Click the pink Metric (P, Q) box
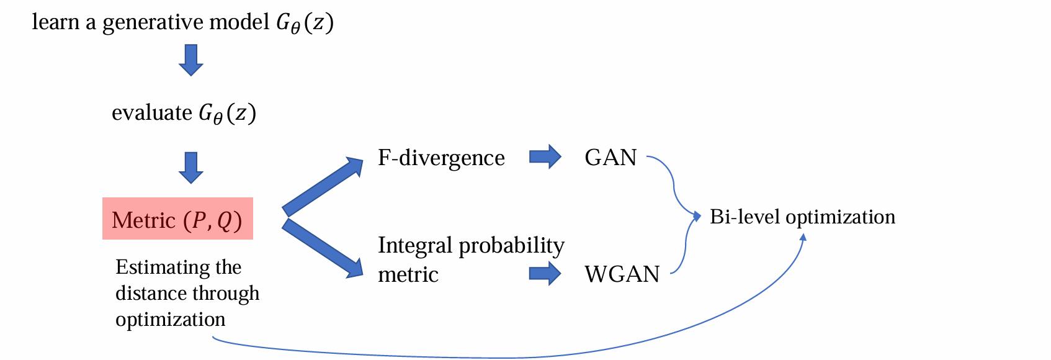(177, 219)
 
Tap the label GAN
(610, 158)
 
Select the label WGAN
(622, 274)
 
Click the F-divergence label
(441, 158)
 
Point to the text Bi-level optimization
(802, 217)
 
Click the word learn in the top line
(56, 22)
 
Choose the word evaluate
(152, 113)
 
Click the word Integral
(415, 246)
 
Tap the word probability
(511, 246)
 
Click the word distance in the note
(146, 293)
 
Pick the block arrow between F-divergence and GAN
(545, 157)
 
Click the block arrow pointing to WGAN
(545, 274)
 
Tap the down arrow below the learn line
(191, 60)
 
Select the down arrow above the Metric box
(191, 168)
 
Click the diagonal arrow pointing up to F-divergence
(323, 186)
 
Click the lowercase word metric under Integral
(408, 274)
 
